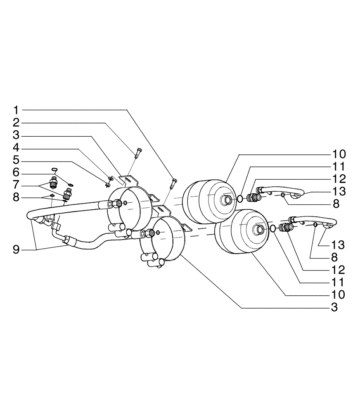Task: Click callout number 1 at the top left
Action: pyautogui.click(x=16, y=110)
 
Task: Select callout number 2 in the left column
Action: pyautogui.click(x=16, y=123)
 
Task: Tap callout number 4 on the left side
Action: pyautogui.click(x=16, y=148)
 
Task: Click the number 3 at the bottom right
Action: pyautogui.click(x=334, y=307)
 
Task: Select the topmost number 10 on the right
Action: pyautogui.click(x=338, y=154)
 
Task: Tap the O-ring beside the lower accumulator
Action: pyautogui.click(x=273, y=228)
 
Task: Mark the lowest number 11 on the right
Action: pyautogui.click(x=338, y=282)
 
